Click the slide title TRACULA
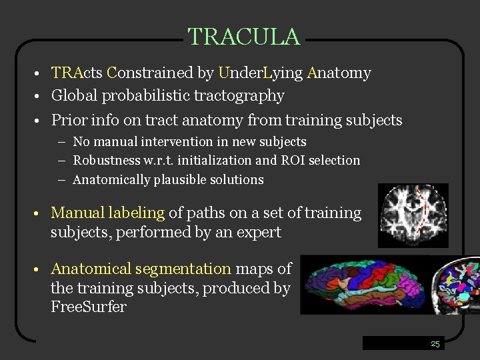tap(243, 37)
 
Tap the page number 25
tap(435, 344)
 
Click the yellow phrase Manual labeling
tap(107, 213)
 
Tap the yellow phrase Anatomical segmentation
tap(141, 269)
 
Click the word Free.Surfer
tap(88, 307)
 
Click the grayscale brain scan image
tap(413, 215)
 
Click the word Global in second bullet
tap(74, 96)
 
